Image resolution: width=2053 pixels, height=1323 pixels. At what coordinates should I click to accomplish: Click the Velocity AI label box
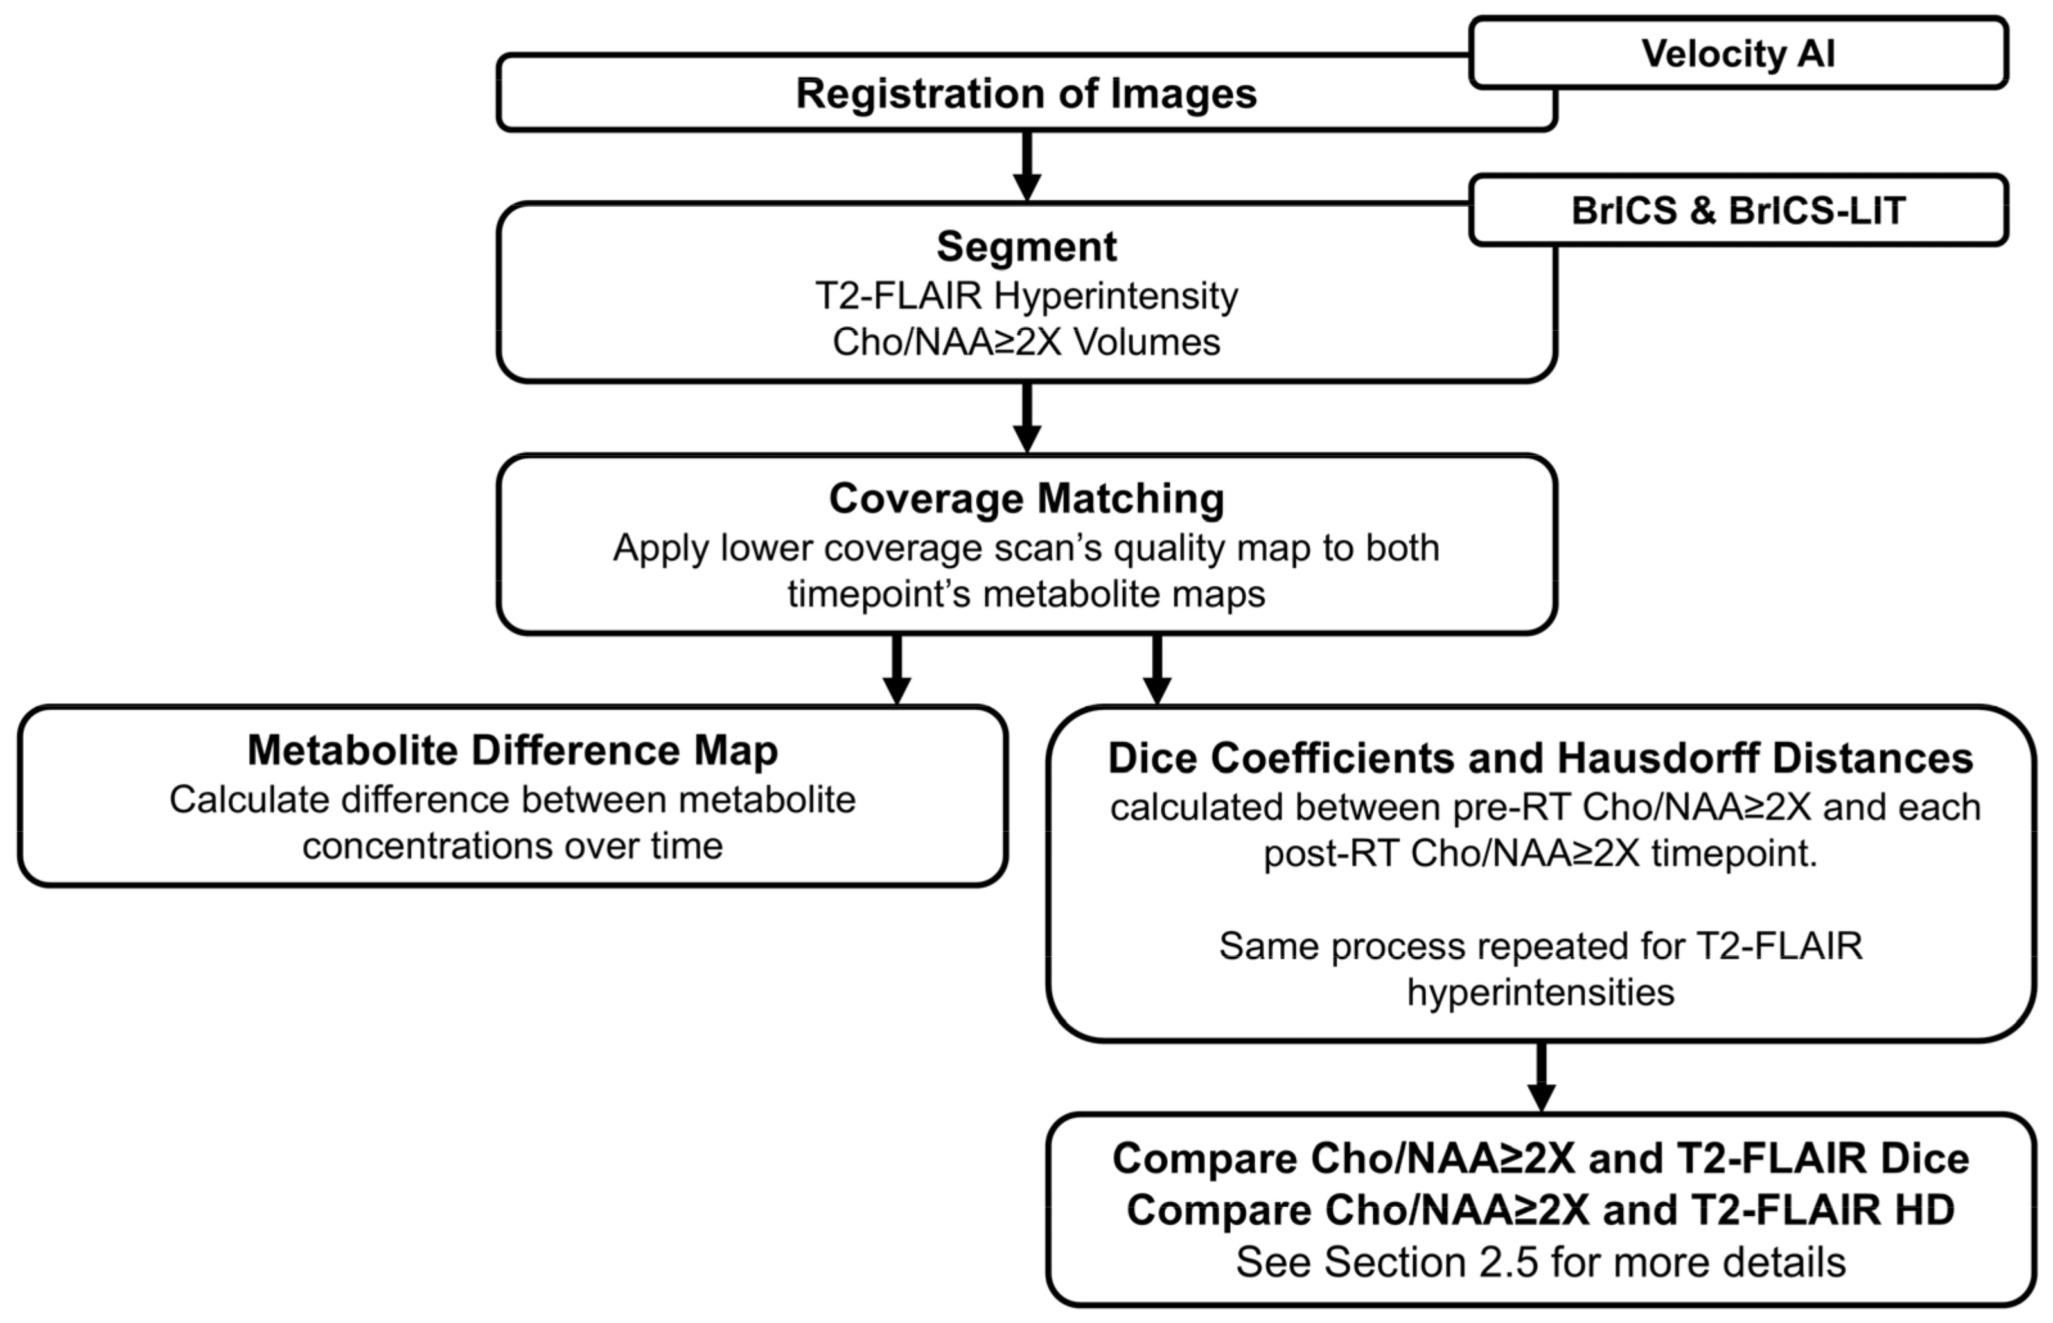tap(1738, 53)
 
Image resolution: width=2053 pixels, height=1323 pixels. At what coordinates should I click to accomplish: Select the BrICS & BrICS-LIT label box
tap(1738, 211)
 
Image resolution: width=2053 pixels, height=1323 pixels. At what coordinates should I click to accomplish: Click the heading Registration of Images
tap(1026, 92)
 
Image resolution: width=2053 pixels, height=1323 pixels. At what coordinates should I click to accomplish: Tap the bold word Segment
tap(1026, 247)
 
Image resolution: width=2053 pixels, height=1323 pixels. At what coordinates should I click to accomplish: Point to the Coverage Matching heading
tap(1026, 498)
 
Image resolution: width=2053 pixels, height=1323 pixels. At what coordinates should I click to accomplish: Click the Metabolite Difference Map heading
tap(512, 750)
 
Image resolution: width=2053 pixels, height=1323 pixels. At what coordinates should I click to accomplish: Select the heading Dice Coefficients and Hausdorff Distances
tap(1540, 758)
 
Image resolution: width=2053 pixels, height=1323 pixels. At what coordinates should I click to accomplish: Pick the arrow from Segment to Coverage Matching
tap(1026, 417)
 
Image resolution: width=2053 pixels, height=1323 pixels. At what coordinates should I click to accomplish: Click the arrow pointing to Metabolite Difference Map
tap(897, 669)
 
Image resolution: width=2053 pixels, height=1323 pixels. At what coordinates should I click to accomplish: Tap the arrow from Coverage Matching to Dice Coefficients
tap(1157, 669)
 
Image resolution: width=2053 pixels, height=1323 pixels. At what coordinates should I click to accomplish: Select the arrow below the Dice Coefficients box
tap(1541, 1076)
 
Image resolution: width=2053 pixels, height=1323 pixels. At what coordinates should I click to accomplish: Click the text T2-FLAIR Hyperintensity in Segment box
tap(1026, 295)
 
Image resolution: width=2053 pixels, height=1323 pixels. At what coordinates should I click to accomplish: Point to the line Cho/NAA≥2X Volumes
tap(1026, 342)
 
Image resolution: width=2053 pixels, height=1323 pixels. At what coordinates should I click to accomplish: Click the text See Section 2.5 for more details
tap(1540, 1262)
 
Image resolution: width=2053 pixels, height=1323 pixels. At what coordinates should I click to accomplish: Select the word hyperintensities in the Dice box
tap(1540, 992)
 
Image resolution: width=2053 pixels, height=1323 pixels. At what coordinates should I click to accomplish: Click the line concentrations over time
tap(512, 846)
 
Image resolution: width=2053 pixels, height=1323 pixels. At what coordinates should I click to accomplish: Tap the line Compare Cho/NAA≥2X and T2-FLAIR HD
tap(1540, 1209)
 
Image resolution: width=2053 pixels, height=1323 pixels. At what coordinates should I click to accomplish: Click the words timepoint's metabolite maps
tap(1026, 593)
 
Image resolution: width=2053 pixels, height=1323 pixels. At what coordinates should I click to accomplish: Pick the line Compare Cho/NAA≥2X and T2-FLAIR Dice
tap(1540, 1158)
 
